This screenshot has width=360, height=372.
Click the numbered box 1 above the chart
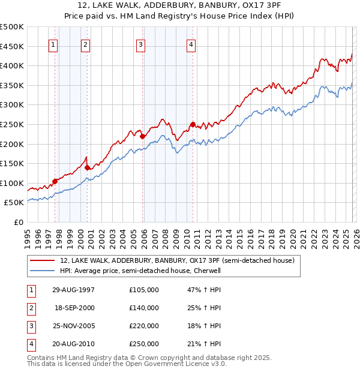(x=53, y=44)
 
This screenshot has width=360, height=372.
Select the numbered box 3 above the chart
(x=140, y=44)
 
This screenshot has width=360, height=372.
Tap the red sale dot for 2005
(x=143, y=136)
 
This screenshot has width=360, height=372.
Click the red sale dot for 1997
(x=55, y=181)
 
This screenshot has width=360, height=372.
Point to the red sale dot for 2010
(x=193, y=124)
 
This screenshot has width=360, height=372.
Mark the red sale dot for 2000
(x=88, y=167)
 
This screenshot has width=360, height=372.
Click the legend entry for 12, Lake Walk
(x=177, y=261)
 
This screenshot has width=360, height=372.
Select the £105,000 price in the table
(x=144, y=290)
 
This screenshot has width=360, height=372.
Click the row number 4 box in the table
(x=30, y=344)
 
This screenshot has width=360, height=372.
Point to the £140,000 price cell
(x=144, y=308)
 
